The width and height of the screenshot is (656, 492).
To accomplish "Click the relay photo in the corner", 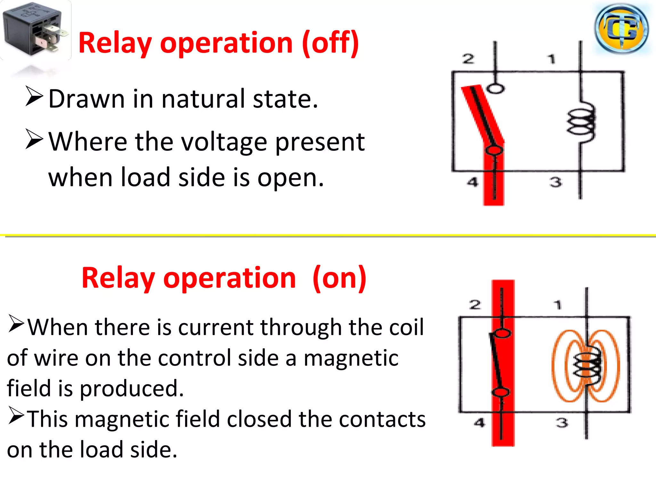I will [35, 30].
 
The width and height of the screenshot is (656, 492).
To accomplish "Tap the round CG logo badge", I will [621, 29].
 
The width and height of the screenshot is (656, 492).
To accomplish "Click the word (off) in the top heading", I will [331, 43].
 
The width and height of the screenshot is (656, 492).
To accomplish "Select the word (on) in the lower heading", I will [340, 278].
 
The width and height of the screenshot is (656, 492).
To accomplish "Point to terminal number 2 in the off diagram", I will [468, 59].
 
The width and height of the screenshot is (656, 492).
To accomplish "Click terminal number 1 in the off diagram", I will [551, 59].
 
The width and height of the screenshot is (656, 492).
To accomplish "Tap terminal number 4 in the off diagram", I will [472, 182].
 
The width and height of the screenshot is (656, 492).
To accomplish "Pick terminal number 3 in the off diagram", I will [556, 182].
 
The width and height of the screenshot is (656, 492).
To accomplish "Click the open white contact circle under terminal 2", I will [496, 88].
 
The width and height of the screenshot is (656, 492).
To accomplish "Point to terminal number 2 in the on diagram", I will [475, 304].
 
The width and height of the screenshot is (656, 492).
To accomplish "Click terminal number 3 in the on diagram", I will [562, 423].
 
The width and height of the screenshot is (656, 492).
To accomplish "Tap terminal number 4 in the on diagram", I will [480, 423].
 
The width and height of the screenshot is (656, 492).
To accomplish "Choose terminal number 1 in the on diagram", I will [558, 304].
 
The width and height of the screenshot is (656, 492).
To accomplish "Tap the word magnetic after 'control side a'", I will [351, 358].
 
